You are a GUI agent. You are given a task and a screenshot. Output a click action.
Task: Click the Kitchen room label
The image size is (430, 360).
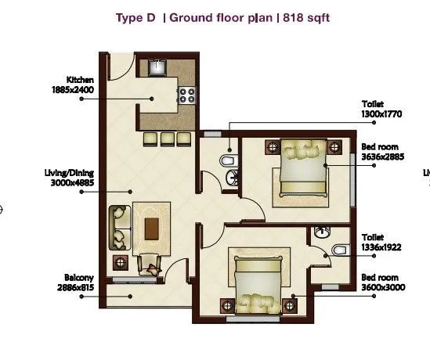tap(81, 80)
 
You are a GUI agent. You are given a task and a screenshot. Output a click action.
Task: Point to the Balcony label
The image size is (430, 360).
tap(80, 278)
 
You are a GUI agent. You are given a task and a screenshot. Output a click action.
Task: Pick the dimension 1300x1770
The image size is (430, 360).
tap(381, 114)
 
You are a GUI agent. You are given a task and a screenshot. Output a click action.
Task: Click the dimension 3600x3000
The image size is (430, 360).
tap(380, 287)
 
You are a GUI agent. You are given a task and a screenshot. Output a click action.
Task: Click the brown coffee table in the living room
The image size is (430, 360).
tap(151, 228)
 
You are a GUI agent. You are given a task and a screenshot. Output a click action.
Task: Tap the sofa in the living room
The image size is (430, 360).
tap(120, 226)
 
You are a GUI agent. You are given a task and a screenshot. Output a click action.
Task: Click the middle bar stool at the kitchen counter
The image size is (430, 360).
tap(166, 138)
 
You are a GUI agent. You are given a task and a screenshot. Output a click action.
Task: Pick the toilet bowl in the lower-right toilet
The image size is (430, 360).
tap(338, 249)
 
